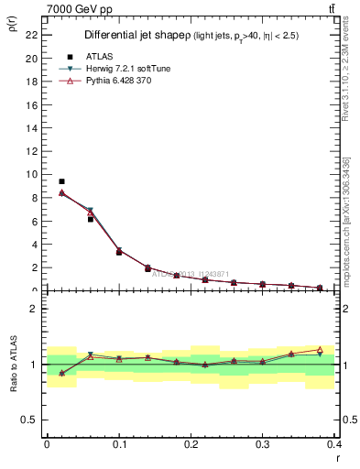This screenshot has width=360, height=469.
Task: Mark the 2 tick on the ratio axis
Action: coord(36,309)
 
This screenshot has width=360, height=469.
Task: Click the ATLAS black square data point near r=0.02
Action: coord(61,181)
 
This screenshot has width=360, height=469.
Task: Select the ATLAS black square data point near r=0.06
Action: coord(90,219)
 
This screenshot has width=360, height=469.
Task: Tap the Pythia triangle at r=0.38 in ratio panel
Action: coord(320,350)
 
